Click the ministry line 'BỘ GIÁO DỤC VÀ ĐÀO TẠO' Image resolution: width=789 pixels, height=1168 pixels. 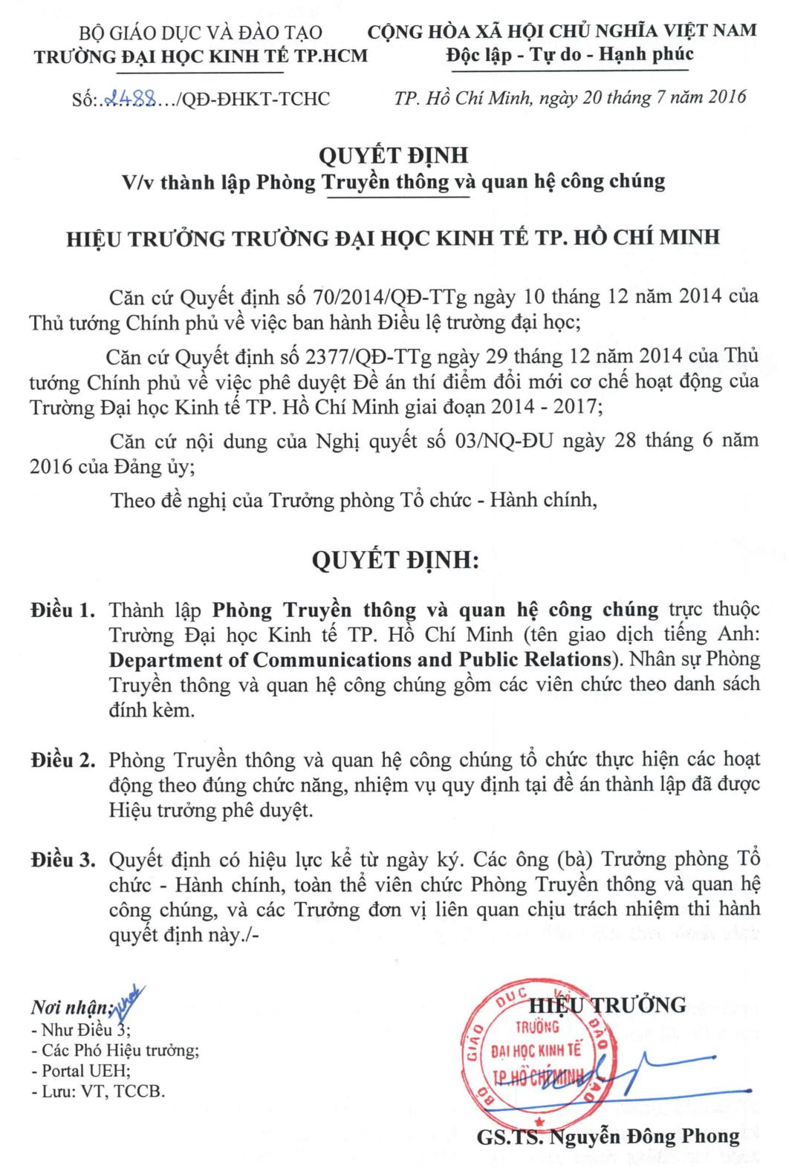[x=201, y=33]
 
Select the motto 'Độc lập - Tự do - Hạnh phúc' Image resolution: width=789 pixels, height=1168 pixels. [x=570, y=53]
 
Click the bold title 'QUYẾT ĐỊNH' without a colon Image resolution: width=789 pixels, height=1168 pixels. [x=394, y=156]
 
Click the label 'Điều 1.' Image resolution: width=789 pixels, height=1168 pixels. [x=63, y=611]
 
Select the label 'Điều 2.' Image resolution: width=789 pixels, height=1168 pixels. [x=63, y=761]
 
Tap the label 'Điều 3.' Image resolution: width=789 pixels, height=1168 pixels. [x=63, y=861]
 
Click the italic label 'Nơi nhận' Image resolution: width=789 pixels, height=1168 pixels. [x=69, y=1008]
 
